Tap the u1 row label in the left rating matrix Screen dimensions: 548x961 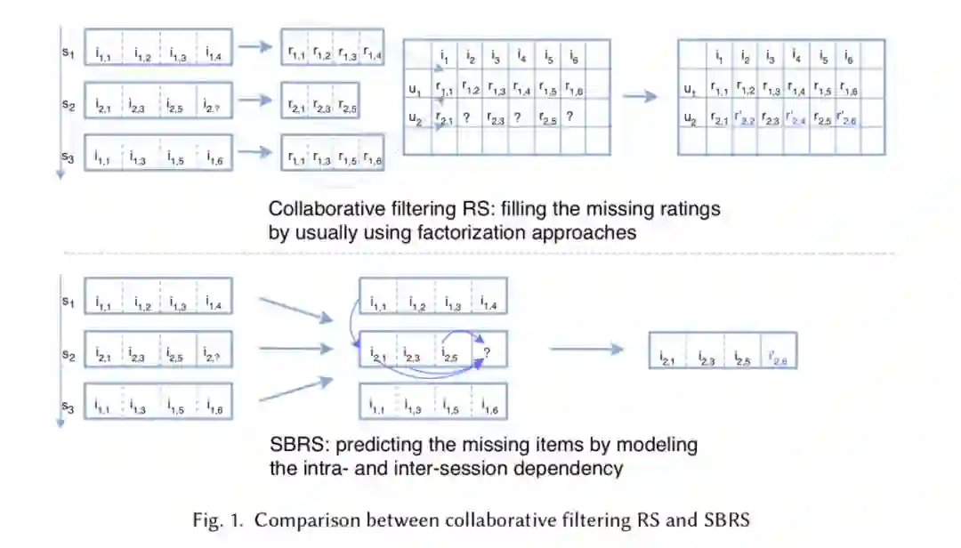click(415, 89)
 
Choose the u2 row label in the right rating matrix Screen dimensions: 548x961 click(690, 117)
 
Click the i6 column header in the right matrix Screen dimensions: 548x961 click(851, 59)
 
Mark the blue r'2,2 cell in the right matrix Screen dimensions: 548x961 click(745, 117)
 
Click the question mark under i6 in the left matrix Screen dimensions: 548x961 click(569, 117)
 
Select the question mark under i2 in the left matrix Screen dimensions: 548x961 click(466, 117)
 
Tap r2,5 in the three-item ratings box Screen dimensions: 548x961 click(347, 109)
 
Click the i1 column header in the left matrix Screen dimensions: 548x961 click(443, 59)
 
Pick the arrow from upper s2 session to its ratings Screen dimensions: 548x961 click(256, 100)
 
